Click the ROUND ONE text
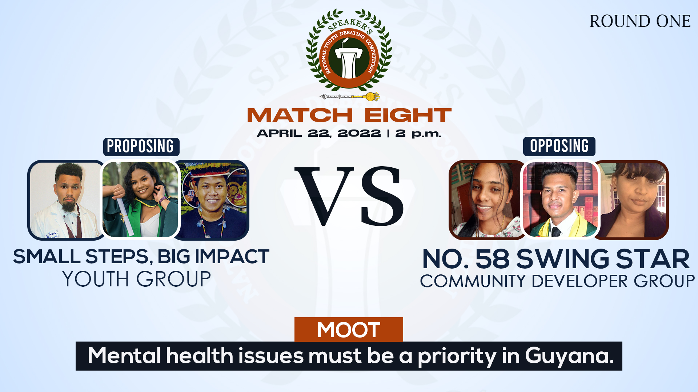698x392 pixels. click(640, 21)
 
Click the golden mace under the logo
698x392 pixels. click(349, 97)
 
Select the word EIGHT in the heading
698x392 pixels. click(408, 115)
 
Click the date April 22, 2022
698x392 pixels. click(319, 134)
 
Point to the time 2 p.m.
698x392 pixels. click(418, 134)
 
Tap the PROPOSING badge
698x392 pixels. click(141, 147)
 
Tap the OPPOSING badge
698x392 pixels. click(559, 146)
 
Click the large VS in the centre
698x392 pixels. click(349, 196)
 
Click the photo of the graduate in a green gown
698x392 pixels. click(140, 199)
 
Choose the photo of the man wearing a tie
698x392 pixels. click(560, 199)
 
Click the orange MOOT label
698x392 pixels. click(349, 330)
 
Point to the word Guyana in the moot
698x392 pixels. click(569, 356)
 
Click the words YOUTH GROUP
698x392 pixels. click(137, 279)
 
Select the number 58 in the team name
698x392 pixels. click(493, 259)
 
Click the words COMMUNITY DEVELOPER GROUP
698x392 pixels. click(557, 281)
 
